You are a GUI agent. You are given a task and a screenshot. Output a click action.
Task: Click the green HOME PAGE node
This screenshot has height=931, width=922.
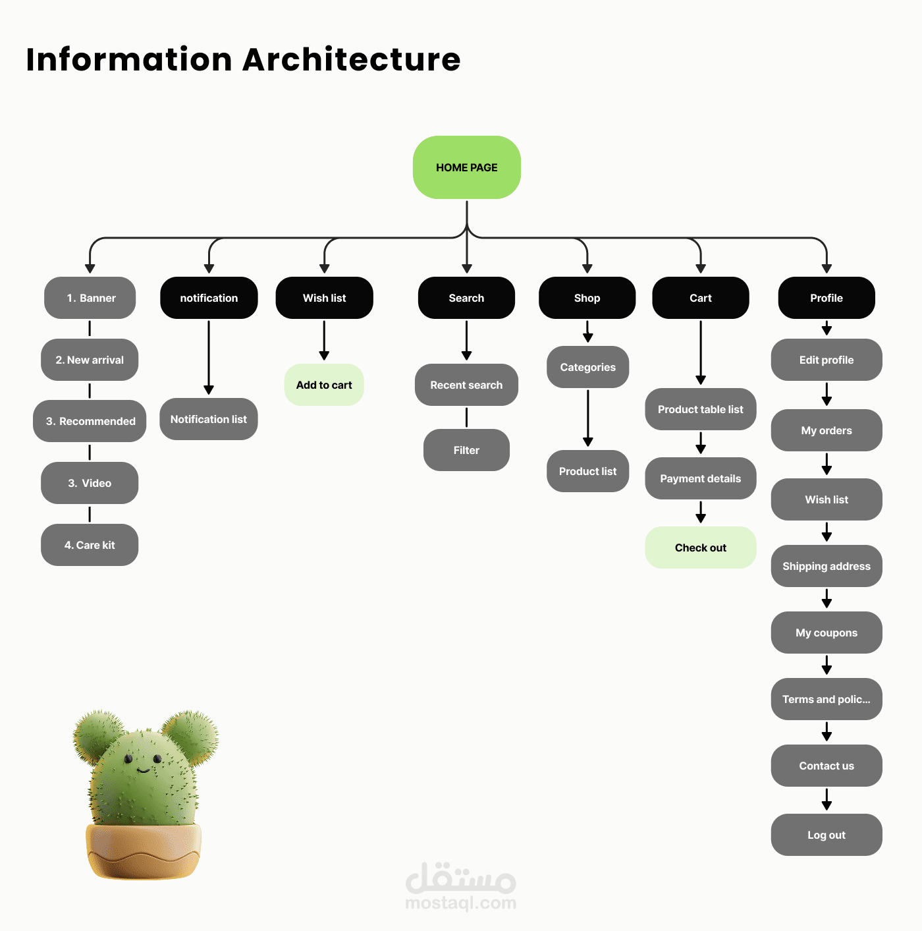(x=466, y=167)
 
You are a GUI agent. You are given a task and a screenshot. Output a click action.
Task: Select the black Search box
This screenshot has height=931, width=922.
(x=466, y=298)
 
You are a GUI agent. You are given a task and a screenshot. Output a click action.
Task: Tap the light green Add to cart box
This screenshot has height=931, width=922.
(x=324, y=385)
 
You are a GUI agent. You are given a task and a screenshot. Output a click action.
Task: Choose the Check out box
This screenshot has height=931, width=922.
(x=700, y=548)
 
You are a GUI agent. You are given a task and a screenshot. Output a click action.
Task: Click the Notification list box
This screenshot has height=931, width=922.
(x=208, y=419)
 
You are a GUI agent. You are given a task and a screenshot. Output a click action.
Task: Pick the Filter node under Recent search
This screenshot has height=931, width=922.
(x=466, y=450)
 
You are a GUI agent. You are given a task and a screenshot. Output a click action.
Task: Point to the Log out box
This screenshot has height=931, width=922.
(x=826, y=835)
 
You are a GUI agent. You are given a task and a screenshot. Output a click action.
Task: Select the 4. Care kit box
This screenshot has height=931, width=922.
(x=90, y=545)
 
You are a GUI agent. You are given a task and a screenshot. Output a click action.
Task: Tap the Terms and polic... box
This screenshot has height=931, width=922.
(x=826, y=699)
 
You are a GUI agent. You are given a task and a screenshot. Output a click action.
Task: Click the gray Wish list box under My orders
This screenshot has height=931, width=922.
(x=826, y=499)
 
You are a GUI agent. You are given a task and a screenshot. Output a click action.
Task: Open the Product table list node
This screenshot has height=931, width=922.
(x=700, y=409)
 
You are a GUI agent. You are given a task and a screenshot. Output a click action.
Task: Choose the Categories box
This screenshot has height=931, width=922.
(x=587, y=367)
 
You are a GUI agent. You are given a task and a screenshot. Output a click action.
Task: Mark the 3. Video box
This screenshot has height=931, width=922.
(x=90, y=483)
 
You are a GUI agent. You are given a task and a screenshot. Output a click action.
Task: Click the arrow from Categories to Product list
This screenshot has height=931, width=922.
(x=587, y=418)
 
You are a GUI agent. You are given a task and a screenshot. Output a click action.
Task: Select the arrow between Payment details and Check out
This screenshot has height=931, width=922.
(x=701, y=512)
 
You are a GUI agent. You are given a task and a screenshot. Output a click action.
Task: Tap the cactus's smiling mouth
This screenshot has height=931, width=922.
(x=143, y=770)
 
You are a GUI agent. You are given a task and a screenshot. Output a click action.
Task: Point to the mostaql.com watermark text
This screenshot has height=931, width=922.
(x=460, y=903)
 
